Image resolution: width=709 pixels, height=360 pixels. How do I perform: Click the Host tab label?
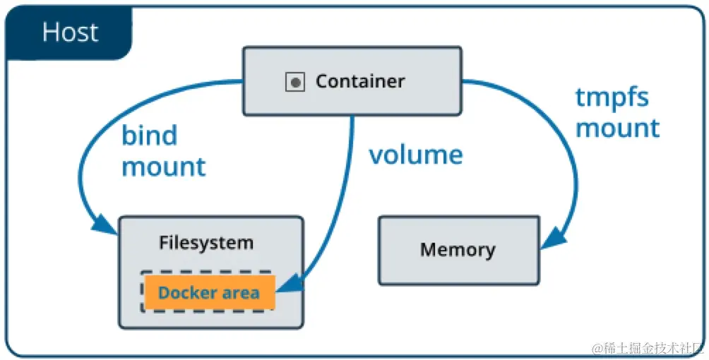point(69,32)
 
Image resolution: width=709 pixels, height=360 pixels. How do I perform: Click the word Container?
point(360,82)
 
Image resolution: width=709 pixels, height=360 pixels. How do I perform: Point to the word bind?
point(149,135)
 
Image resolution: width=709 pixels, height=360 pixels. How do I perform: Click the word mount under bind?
point(164,167)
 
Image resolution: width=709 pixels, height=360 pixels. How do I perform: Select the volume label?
point(415,155)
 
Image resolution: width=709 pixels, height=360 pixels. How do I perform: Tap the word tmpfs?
point(612,97)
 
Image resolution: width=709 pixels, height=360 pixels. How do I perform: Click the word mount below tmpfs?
point(618,128)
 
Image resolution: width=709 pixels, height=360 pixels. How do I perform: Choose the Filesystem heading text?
point(205,243)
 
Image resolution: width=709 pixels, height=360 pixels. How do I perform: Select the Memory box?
point(459,250)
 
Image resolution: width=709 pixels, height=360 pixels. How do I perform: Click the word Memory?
point(458,250)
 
